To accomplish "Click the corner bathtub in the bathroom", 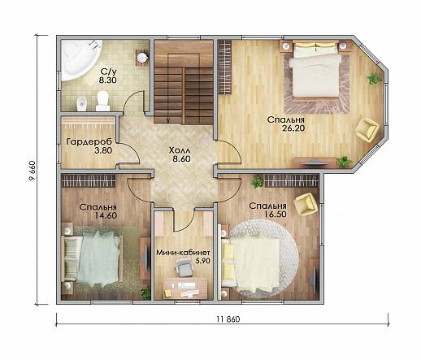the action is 79,59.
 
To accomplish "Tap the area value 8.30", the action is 108,80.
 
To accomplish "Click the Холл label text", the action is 180,150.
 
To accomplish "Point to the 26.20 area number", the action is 293,128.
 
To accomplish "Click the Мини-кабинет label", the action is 184,253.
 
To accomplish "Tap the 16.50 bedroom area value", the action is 276,215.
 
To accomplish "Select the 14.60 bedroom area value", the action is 106,215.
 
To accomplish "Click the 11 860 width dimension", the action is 228,319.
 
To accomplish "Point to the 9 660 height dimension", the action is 32,171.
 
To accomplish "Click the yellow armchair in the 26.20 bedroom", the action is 367,128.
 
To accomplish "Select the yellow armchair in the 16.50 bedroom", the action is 306,204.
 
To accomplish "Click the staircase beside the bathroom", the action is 184,82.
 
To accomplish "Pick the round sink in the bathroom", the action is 142,58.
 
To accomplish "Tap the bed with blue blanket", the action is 91,259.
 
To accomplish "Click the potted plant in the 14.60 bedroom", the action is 145,293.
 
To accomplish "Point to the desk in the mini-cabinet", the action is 185,288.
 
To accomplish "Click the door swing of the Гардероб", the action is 129,154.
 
